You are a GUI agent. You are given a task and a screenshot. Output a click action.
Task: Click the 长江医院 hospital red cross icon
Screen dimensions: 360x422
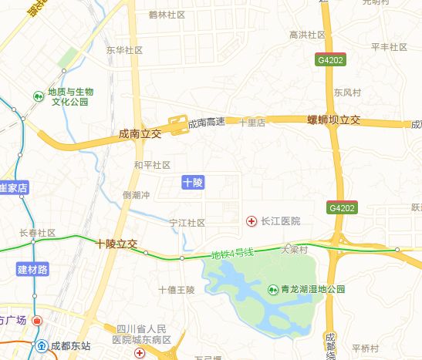point(251,221)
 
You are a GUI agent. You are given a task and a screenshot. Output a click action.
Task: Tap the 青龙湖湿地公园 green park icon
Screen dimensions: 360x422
point(272,289)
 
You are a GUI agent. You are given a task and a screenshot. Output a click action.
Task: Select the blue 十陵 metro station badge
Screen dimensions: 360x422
point(193,183)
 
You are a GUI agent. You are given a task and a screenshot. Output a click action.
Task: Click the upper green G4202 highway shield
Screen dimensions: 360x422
point(331,59)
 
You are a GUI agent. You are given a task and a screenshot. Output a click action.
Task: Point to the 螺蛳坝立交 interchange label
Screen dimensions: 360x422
point(334,120)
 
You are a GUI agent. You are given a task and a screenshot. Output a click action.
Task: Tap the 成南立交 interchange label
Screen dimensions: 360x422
point(140,133)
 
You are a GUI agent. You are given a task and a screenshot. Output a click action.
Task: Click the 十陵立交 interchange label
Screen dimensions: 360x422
point(116,244)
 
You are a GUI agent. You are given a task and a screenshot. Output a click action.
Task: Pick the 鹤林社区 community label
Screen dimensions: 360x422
point(167,15)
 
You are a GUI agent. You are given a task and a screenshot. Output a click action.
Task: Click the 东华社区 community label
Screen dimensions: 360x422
point(125,50)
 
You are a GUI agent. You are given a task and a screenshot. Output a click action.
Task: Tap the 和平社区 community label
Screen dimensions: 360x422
point(152,165)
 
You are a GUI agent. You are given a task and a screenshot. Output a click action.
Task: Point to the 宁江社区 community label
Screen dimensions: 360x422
point(187,223)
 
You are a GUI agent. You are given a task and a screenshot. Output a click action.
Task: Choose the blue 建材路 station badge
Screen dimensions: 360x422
point(32,270)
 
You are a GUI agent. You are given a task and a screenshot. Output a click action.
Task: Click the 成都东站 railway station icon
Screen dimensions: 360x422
point(43,345)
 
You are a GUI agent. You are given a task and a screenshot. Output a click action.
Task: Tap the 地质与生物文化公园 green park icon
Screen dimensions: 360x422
point(39,96)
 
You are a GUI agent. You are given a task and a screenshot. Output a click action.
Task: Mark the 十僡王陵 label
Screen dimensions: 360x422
point(176,290)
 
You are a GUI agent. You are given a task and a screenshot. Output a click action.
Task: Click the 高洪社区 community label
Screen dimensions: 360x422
point(307,35)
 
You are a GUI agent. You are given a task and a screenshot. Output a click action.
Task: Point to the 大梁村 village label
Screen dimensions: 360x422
point(295,250)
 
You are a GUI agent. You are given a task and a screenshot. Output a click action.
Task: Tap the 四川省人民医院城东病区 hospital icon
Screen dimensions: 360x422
point(139,353)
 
